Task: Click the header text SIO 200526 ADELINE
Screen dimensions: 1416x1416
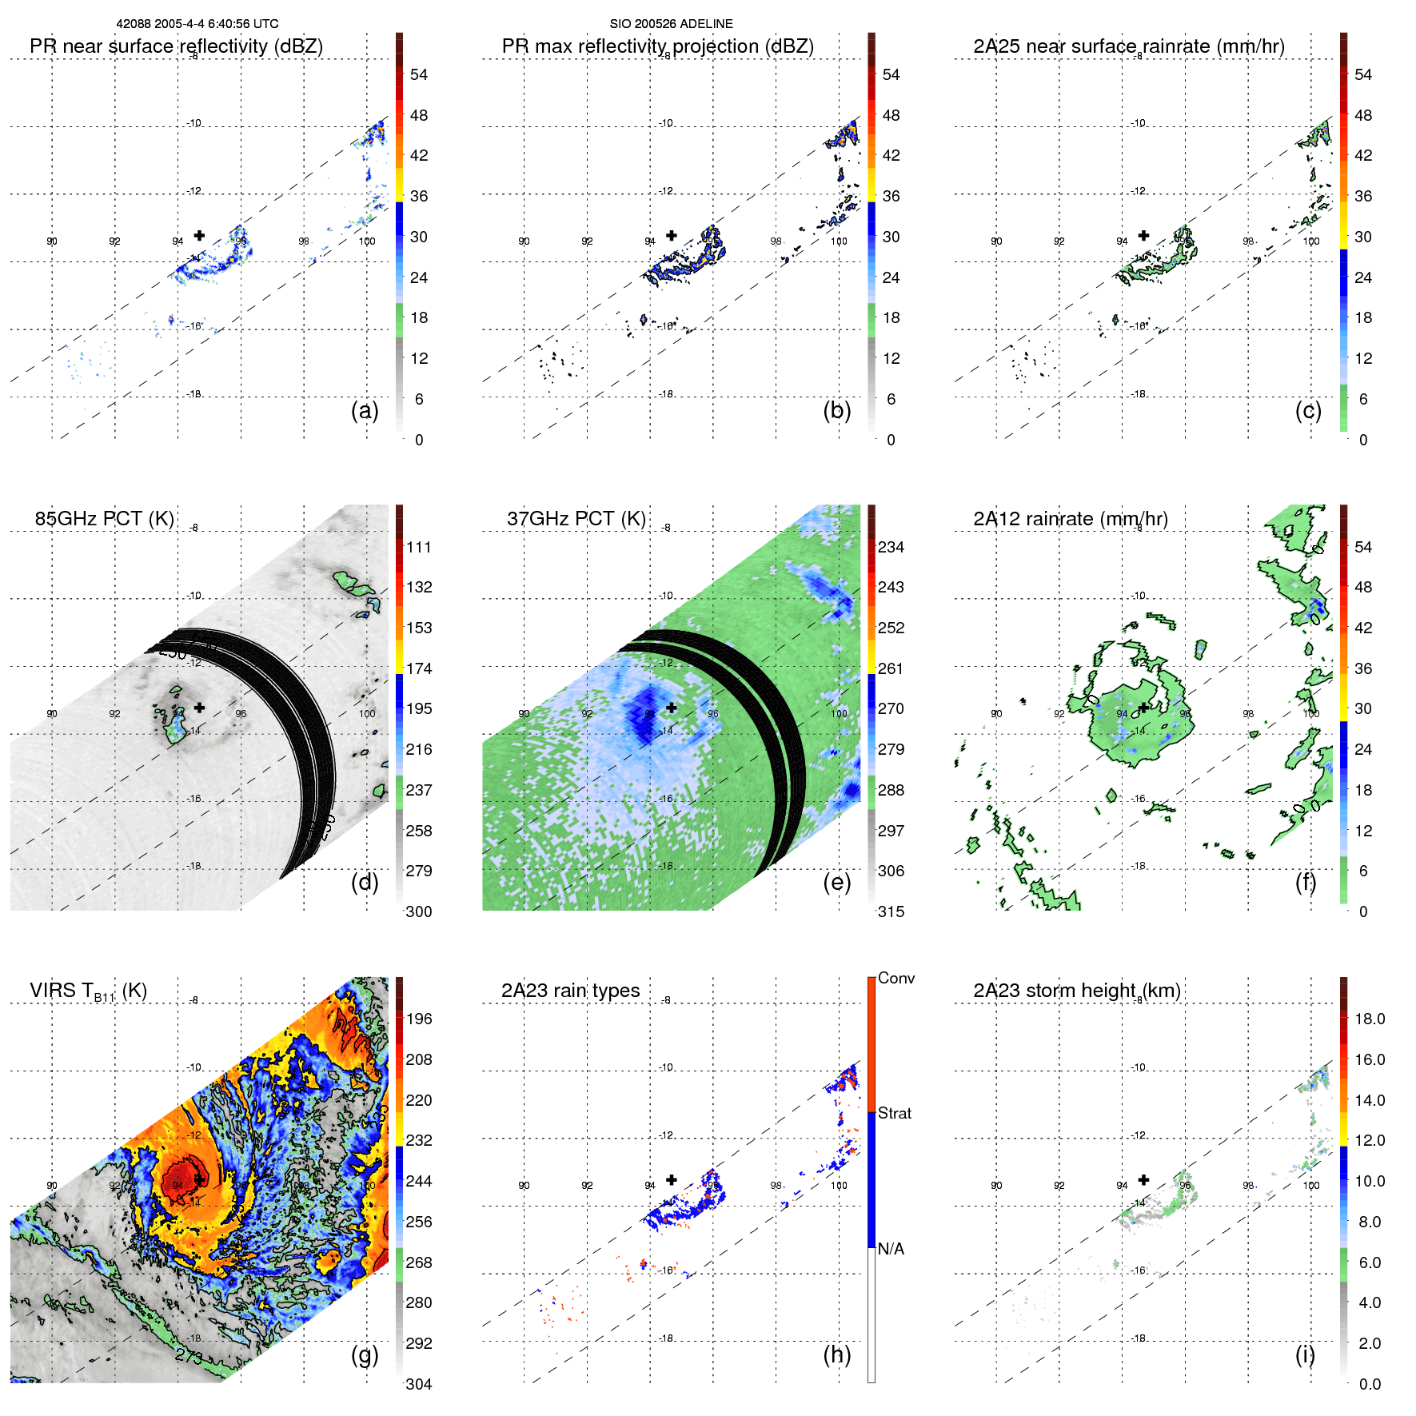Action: (671, 24)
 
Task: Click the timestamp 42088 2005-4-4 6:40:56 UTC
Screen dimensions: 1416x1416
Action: (197, 24)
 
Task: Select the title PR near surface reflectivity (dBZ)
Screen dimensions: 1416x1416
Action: (176, 46)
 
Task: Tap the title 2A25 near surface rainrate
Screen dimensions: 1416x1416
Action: (1128, 46)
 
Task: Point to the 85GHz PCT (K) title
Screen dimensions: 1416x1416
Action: (104, 519)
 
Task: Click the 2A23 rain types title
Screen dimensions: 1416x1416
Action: (570, 991)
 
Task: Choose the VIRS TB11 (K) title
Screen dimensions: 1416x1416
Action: (88, 991)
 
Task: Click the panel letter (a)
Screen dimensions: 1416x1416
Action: (365, 410)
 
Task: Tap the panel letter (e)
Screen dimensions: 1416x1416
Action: (836, 882)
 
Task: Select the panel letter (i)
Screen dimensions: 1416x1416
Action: (1305, 1354)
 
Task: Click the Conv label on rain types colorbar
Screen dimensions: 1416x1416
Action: (895, 978)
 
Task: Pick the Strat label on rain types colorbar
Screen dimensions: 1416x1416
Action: (894, 1113)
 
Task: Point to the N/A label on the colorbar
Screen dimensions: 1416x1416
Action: (891, 1249)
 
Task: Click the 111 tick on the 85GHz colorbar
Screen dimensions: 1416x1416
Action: (419, 547)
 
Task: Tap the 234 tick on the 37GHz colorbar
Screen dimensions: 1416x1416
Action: (891, 547)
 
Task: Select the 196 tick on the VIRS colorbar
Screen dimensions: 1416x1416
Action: (419, 1019)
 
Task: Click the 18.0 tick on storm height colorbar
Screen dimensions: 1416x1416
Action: (1369, 1019)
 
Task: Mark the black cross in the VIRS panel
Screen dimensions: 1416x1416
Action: (199, 1179)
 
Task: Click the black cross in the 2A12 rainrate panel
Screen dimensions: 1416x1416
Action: (1143, 708)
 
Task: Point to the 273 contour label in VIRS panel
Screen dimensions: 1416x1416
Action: (189, 1355)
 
